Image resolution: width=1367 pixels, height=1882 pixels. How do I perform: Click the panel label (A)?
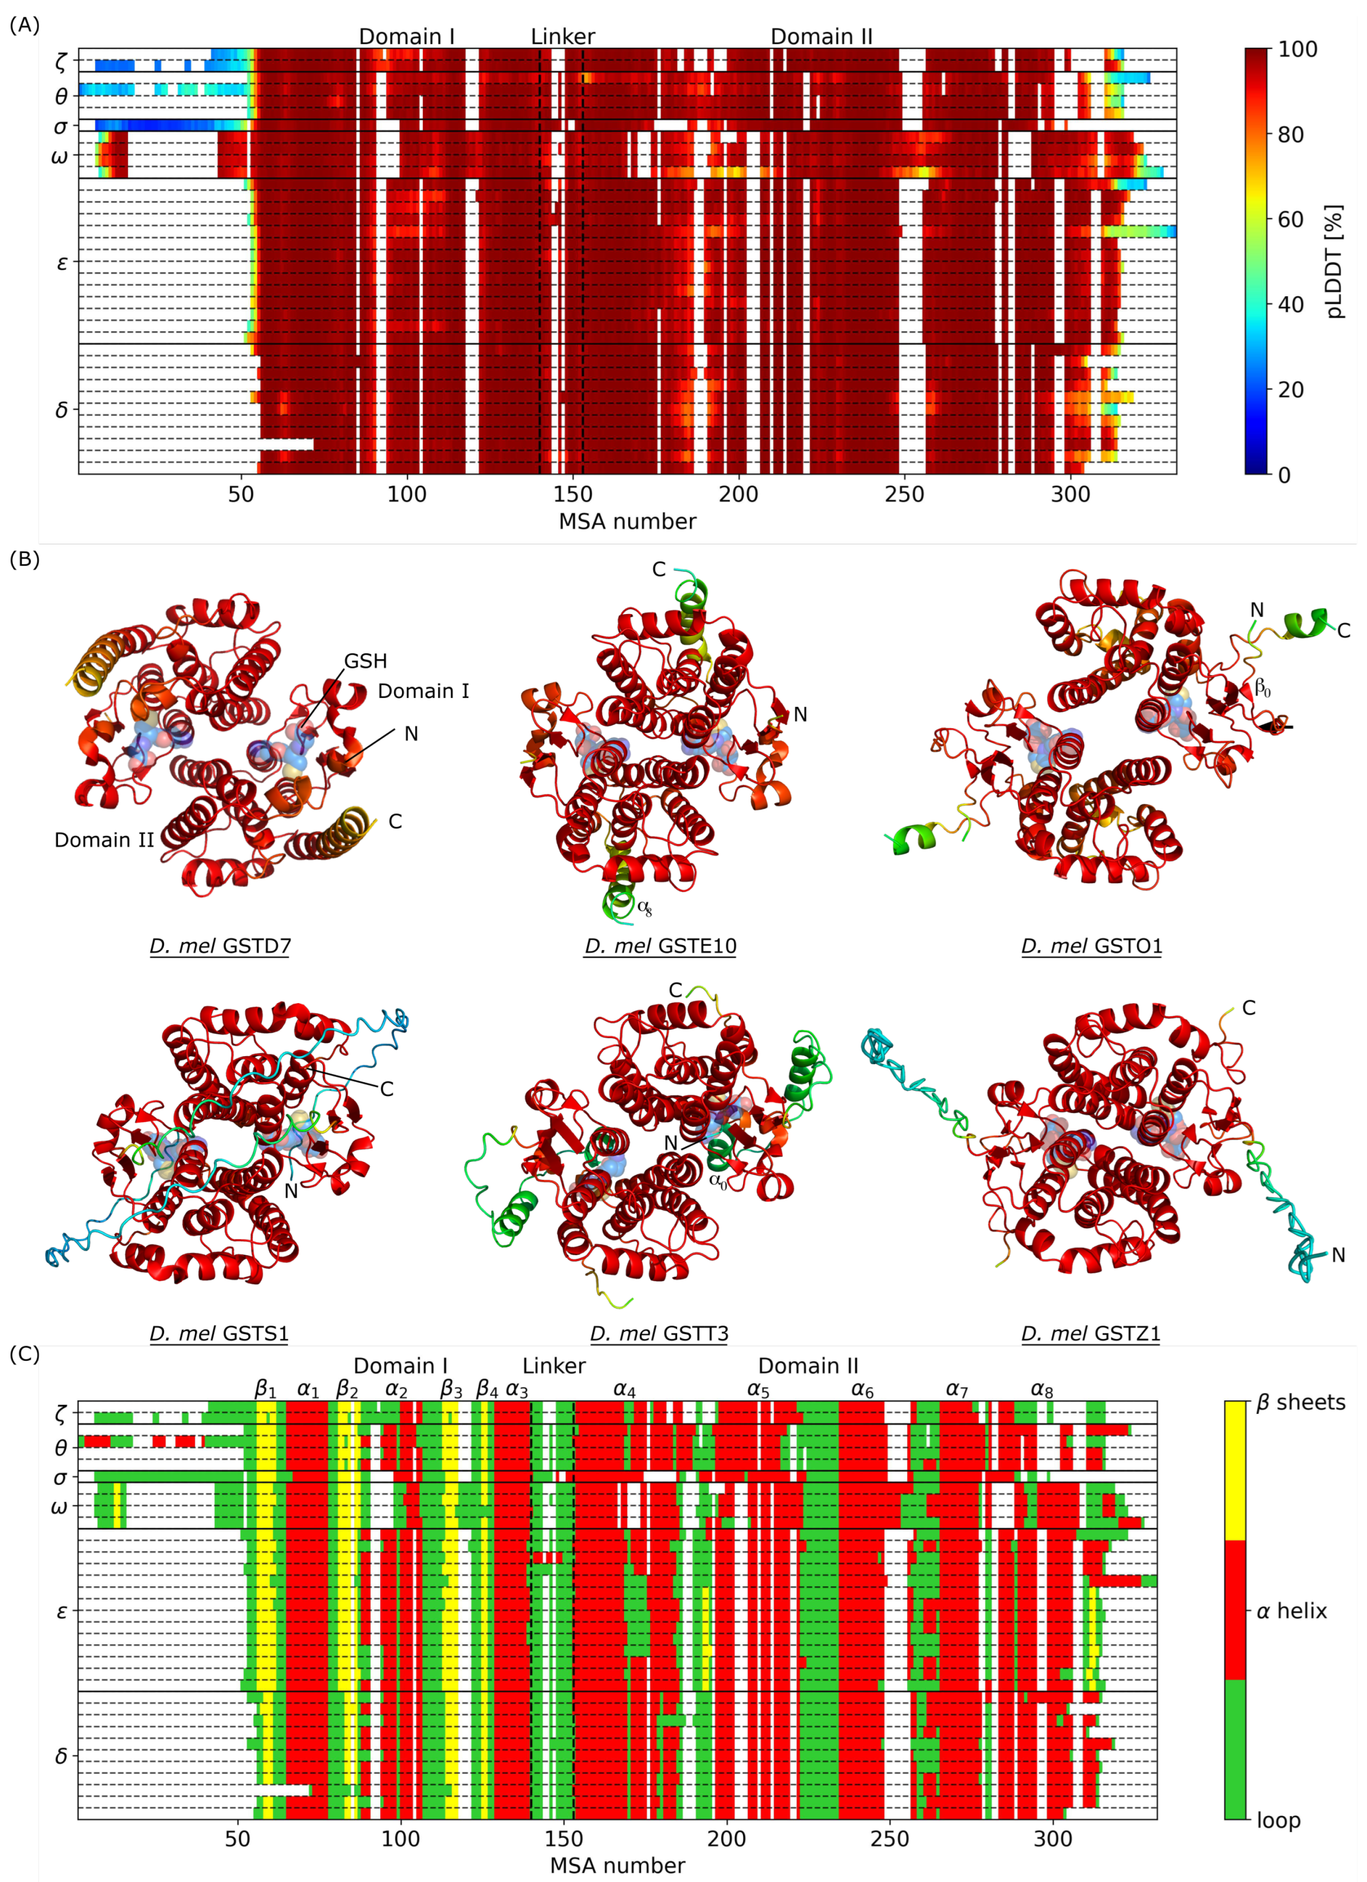point(24,26)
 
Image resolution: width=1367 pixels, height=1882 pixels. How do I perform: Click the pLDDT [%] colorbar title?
point(1334,261)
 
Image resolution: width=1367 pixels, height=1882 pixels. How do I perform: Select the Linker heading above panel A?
point(563,36)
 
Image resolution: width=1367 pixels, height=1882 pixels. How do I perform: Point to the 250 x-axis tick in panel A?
point(904,495)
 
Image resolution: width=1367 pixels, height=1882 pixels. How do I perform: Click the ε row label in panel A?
point(61,263)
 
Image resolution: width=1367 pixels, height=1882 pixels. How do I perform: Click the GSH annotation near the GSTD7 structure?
point(365,661)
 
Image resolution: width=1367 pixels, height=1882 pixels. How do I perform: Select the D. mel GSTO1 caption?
point(1091,946)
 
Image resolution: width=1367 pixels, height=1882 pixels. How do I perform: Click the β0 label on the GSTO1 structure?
point(1261,687)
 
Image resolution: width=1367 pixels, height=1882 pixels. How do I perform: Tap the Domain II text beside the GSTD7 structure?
point(104,840)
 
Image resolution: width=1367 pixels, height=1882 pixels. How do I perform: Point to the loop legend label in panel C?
point(1278,1821)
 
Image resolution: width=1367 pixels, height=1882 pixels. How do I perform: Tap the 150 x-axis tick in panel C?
point(564,1839)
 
